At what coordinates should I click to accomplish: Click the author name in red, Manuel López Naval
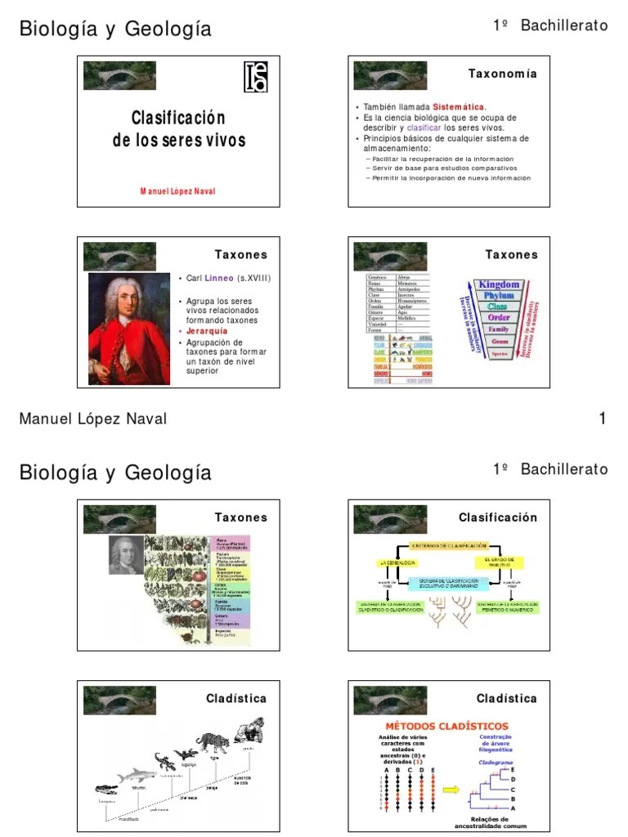click(178, 190)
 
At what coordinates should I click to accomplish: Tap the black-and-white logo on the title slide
click(256, 78)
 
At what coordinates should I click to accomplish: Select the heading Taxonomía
click(502, 74)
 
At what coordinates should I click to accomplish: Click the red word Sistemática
click(459, 107)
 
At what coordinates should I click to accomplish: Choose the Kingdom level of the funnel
click(499, 284)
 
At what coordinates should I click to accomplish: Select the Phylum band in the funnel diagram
click(499, 295)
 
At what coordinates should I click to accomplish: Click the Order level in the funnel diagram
click(499, 317)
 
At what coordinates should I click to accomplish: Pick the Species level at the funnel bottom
click(499, 354)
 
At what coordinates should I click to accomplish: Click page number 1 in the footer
click(602, 419)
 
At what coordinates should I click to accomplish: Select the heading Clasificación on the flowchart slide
click(497, 517)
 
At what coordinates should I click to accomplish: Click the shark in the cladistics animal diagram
click(136, 775)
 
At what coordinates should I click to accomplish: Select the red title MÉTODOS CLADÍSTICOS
click(446, 726)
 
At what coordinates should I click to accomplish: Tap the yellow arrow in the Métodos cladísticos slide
click(451, 790)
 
